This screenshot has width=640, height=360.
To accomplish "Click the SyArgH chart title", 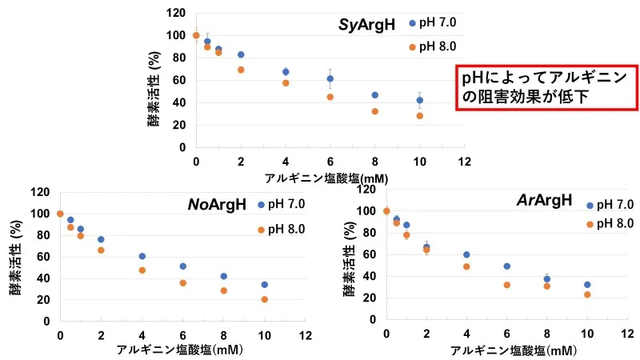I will click(366, 24).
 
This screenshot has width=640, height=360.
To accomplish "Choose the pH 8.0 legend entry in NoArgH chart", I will click(281, 230).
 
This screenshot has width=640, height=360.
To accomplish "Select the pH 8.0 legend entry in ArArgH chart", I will click(611, 224).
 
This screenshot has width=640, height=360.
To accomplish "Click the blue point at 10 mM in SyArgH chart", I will click(419, 100).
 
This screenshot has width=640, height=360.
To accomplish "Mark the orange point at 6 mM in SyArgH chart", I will click(330, 97).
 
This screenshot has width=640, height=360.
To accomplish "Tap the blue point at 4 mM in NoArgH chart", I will click(142, 256).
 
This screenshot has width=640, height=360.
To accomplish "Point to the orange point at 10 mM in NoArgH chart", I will click(264, 299).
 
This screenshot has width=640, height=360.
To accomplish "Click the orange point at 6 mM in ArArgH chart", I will click(506, 285).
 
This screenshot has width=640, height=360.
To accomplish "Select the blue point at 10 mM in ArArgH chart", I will click(587, 284).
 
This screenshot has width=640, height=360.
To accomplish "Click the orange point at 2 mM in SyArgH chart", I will click(241, 70).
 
